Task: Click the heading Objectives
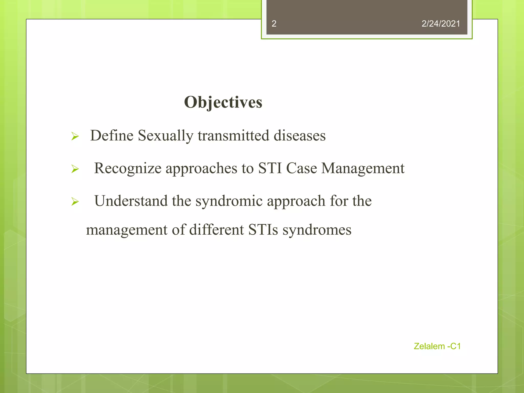pos(223,102)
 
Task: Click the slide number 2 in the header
pos(274,24)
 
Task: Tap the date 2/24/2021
pos(441,24)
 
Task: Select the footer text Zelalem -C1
pos(437,346)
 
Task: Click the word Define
pos(112,135)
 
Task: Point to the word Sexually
pos(166,136)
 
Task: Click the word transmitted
pos(233,135)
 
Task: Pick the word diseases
pos(300,135)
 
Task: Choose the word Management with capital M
pos(363,169)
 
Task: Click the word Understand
pos(131,201)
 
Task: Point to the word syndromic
pos(229,201)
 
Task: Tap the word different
pos(216,230)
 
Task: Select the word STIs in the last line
pos(263,230)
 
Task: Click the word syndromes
pos(317,230)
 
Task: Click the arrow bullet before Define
pos(75,136)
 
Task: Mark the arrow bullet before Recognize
pos(75,169)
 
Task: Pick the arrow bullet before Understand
pos(75,202)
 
